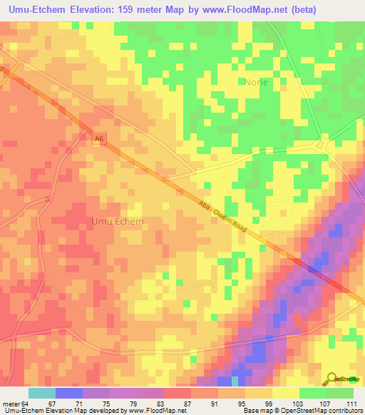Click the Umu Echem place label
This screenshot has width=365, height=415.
[118, 221]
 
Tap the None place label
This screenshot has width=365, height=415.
[257, 82]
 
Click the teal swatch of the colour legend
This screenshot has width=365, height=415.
[41, 393]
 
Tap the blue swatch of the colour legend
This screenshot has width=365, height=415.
[68, 393]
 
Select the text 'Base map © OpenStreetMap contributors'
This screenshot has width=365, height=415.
[302, 411]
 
